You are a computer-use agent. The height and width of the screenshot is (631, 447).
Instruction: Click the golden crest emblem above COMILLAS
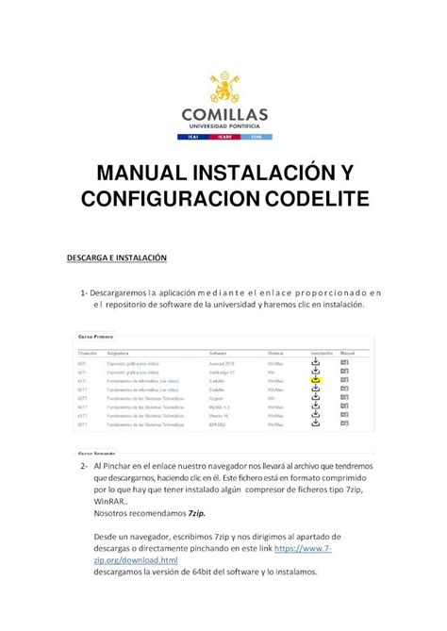pos(223,87)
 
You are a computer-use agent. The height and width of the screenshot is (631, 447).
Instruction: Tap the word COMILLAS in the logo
pos(223,113)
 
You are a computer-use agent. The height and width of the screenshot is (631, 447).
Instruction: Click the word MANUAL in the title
pos(130,174)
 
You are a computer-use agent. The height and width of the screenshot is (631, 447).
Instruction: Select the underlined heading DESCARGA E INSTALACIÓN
pos(116,256)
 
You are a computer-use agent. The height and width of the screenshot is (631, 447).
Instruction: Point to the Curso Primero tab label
pos(96,336)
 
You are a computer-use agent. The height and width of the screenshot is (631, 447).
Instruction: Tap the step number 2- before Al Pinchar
pos(85,467)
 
